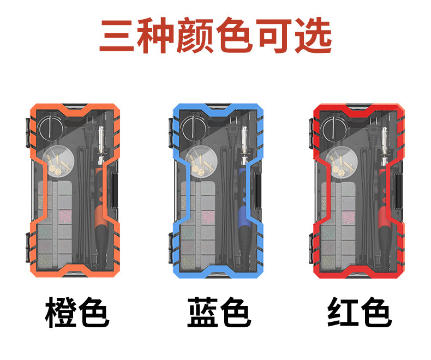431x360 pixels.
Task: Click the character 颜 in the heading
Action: coord(196,37)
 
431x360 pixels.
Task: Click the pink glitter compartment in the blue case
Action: coord(208,217)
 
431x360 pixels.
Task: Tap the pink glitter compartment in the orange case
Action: coord(66,217)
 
